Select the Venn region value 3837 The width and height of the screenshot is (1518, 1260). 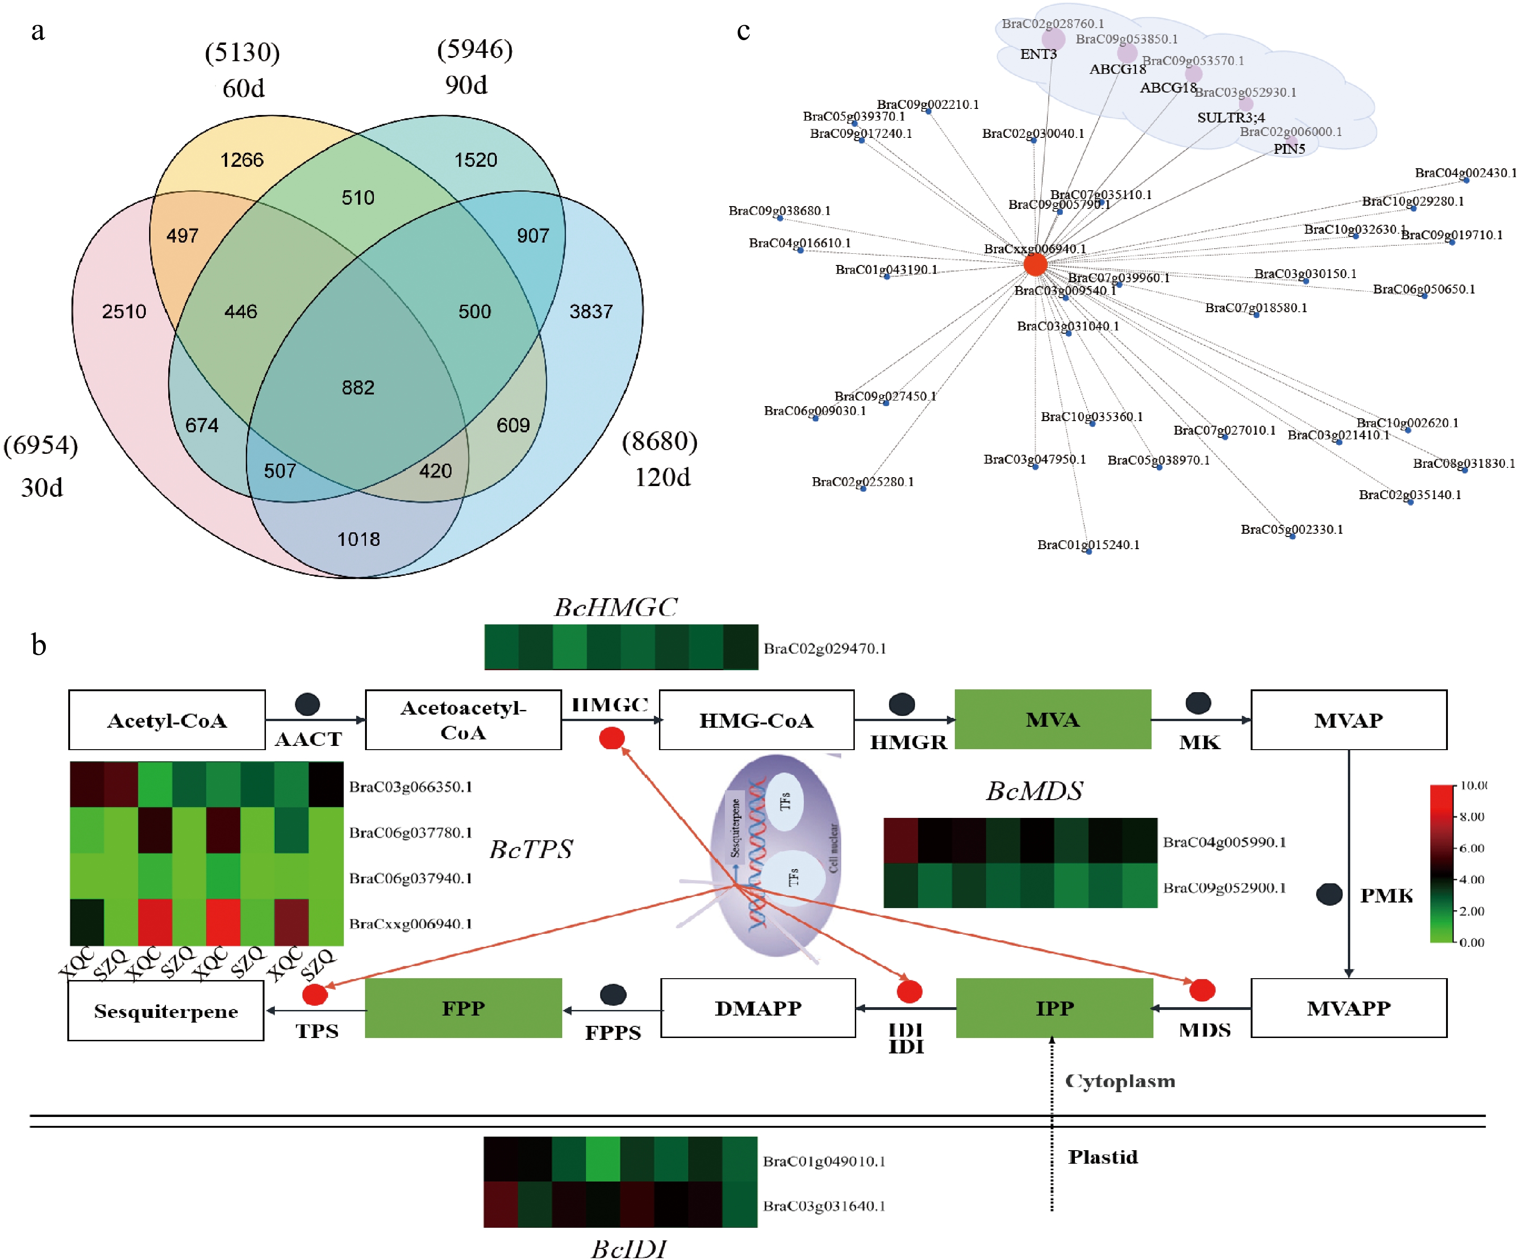click(x=591, y=312)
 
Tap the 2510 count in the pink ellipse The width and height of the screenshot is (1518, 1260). click(x=123, y=312)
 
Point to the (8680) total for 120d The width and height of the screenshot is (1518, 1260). click(x=659, y=441)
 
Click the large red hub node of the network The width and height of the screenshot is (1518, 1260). click(x=1035, y=264)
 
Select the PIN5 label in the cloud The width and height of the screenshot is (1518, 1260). click(x=1289, y=149)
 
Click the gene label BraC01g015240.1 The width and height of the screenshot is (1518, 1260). click(x=1088, y=544)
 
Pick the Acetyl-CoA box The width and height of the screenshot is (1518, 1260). click(x=167, y=720)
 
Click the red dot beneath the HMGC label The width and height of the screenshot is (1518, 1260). click(x=611, y=738)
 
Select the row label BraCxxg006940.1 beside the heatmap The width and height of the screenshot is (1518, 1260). click(x=410, y=923)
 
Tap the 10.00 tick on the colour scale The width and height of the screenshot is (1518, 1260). click(x=1473, y=785)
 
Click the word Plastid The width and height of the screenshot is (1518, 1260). click(x=1103, y=1157)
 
